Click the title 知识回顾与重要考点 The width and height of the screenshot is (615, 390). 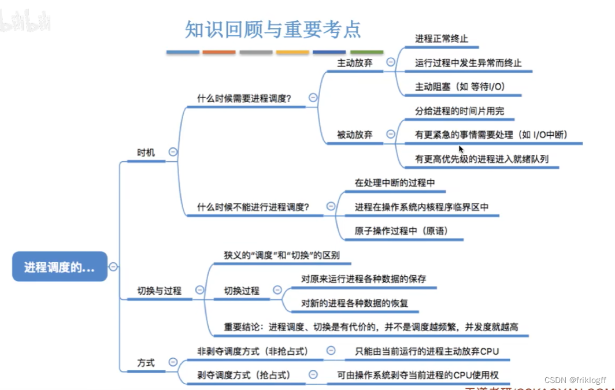click(x=273, y=29)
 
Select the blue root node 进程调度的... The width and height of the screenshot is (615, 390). click(x=60, y=267)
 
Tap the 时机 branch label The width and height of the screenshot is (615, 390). click(x=146, y=153)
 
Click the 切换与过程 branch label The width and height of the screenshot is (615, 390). click(x=159, y=291)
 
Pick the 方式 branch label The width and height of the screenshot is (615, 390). click(x=146, y=363)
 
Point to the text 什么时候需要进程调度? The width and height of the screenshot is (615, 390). click(x=244, y=98)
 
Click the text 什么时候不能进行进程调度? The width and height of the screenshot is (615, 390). click(x=253, y=206)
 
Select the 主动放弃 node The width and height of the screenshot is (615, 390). click(x=355, y=62)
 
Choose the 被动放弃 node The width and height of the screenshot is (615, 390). click(x=355, y=135)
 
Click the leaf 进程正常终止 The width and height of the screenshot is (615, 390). click(x=441, y=39)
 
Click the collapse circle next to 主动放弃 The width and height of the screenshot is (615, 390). click(x=391, y=62)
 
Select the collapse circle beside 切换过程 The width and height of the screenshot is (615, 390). click(x=277, y=290)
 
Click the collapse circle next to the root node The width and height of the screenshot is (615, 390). click(x=113, y=266)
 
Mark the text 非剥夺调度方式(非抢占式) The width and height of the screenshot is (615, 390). click(x=253, y=351)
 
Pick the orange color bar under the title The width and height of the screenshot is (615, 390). click(x=219, y=52)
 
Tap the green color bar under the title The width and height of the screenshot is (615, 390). click(x=366, y=52)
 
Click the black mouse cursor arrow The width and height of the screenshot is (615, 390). click(x=461, y=149)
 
